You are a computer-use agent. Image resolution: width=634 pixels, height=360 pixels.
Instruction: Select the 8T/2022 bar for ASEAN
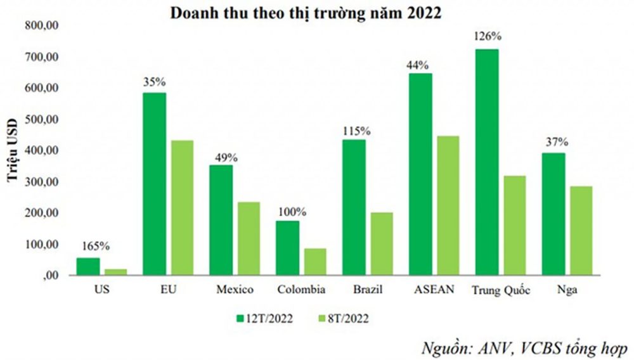click(447, 206)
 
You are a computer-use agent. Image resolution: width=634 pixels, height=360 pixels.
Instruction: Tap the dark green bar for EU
click(155, 184)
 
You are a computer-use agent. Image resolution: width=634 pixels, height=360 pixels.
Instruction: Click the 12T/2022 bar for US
click(88, 267)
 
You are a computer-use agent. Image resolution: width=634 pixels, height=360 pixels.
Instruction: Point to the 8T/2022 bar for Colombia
click(314, 262)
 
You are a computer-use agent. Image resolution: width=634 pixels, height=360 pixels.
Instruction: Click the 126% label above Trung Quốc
click(486, 37)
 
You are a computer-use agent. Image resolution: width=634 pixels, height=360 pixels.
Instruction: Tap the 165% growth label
click(88, 246)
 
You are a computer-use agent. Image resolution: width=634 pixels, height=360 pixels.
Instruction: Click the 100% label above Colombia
click(288, 210)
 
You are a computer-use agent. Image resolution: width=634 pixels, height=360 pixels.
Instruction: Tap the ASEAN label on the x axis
click(433, 290)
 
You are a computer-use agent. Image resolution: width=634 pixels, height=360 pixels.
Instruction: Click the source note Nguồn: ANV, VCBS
click(524, 348)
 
